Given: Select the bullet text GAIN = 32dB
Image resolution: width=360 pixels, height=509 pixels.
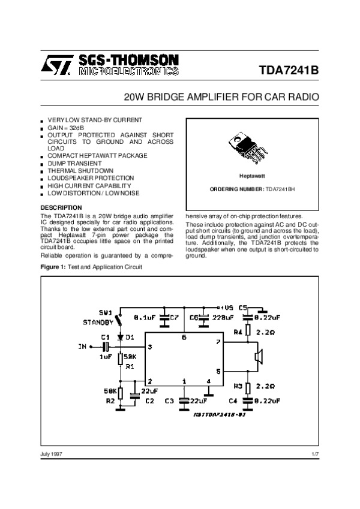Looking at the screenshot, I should coord(65,128).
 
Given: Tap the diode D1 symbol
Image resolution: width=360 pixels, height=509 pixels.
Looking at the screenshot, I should coord(120,338).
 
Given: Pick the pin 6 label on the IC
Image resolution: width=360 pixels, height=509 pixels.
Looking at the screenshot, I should coord(184,339).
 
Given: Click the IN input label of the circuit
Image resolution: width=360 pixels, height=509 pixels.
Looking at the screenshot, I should coord(82,347).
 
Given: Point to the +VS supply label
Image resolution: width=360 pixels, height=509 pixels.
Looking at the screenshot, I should coord(227,306).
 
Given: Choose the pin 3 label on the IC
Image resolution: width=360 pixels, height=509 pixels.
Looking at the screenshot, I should coord(150,347).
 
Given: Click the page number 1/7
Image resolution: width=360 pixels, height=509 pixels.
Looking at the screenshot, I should coord(315,455).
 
